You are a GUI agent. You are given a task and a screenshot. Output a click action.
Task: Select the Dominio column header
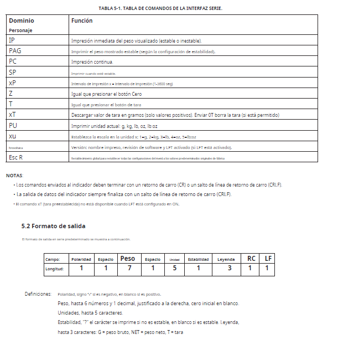[22, 20]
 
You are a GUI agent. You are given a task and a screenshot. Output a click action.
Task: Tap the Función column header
[82, 20]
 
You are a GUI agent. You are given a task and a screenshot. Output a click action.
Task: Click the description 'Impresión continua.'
[92, 62]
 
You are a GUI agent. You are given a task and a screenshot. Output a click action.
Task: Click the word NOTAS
[15, 176]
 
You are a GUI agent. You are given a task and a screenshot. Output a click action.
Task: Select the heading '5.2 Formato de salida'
[53, 226]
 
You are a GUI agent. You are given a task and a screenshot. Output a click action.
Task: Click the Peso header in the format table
[127, 259]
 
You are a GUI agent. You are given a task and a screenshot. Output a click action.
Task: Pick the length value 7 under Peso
[129, 269]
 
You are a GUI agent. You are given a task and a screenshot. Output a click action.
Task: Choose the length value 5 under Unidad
[174, 269]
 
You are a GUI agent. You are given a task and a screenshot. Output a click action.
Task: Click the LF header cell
[268, 259]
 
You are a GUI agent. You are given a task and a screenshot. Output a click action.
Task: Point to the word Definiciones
[38, 294]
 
